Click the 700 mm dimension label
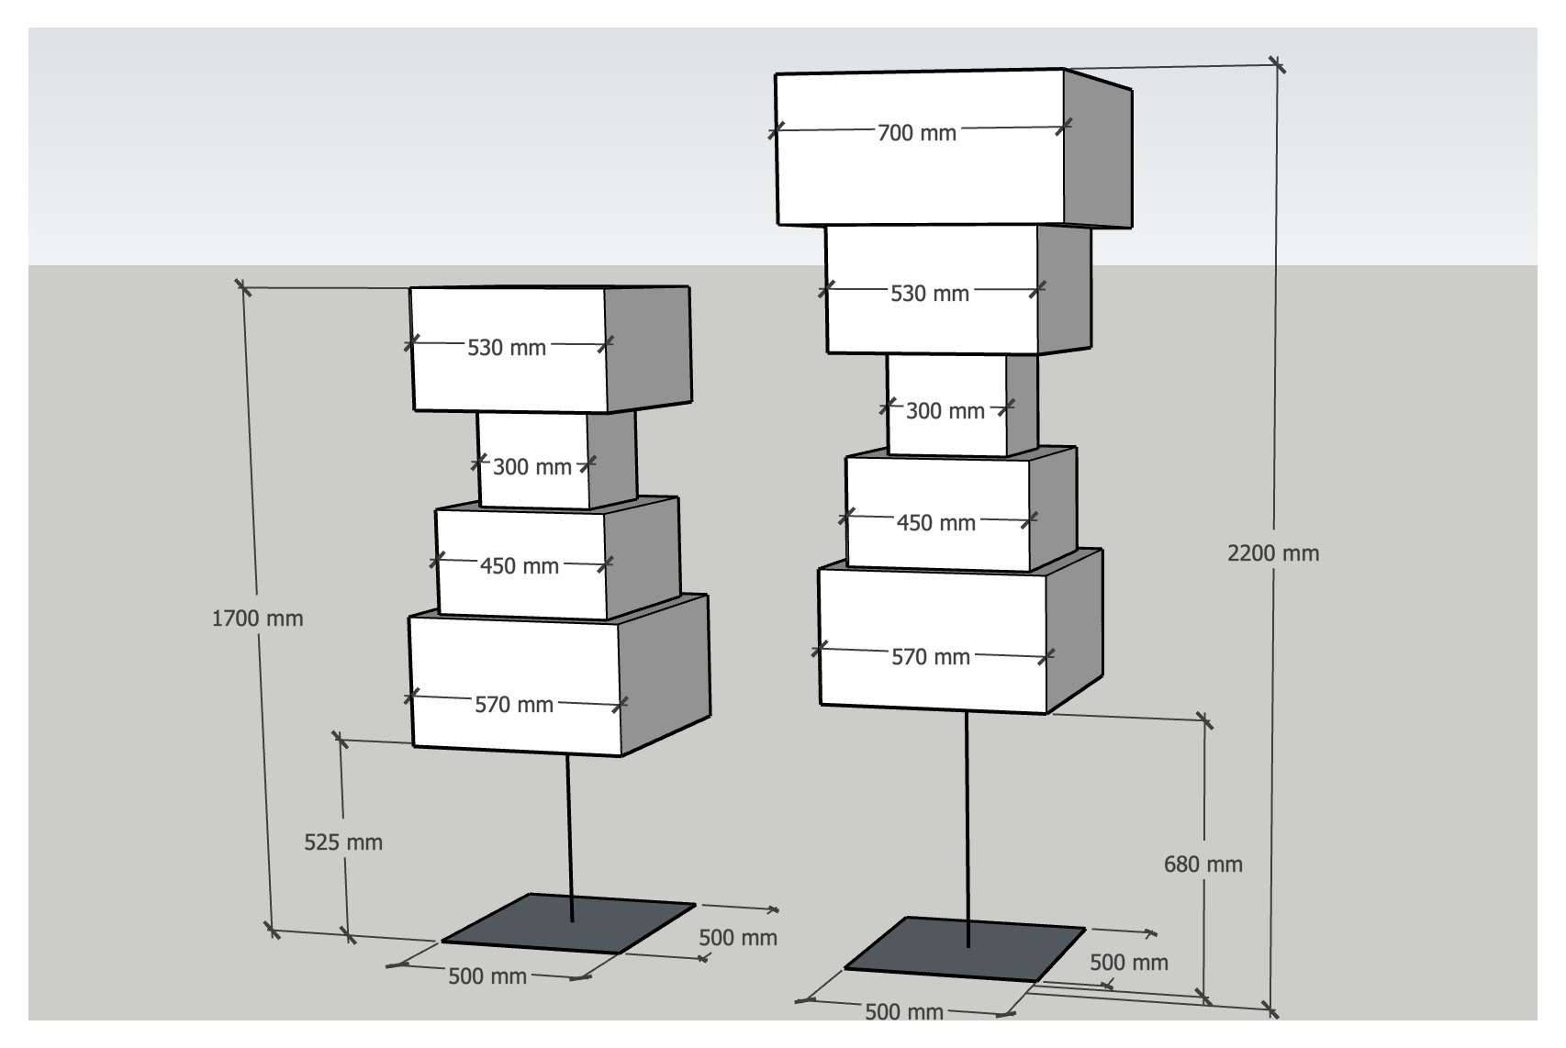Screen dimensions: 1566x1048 [x=916, y=133]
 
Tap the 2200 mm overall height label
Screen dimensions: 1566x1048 [x=1273, y=553]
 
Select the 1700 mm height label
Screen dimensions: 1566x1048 [x=257, y=618]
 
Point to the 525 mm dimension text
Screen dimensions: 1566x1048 [x=343, y=842]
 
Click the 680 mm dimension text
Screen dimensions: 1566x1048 [x=1203, y=864]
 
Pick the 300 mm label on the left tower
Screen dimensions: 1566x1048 [x=532, y=466]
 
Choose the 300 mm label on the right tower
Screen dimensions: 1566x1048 [x=945, y=410]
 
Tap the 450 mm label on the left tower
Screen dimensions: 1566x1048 [x=520, y=565]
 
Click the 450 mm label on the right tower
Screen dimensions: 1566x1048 [x=936, y=522]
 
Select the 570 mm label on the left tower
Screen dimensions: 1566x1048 [x=514, y=704]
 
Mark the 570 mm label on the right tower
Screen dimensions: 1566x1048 [x=931, y=656]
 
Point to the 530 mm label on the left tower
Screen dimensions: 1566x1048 [x=506, y=348]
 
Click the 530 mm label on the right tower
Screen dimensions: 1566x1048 [x=930, y=293]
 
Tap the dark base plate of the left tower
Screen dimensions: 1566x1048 [x=568, y=923]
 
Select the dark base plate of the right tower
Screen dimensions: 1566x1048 [x=965, y=949]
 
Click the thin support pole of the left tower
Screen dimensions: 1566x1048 [x=569, y=838]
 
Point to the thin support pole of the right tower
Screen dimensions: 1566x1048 [x=968, y=830]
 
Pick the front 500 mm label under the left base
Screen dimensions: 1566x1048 [x=487, y=976]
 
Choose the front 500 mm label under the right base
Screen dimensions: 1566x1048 [x=904, y=1011]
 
